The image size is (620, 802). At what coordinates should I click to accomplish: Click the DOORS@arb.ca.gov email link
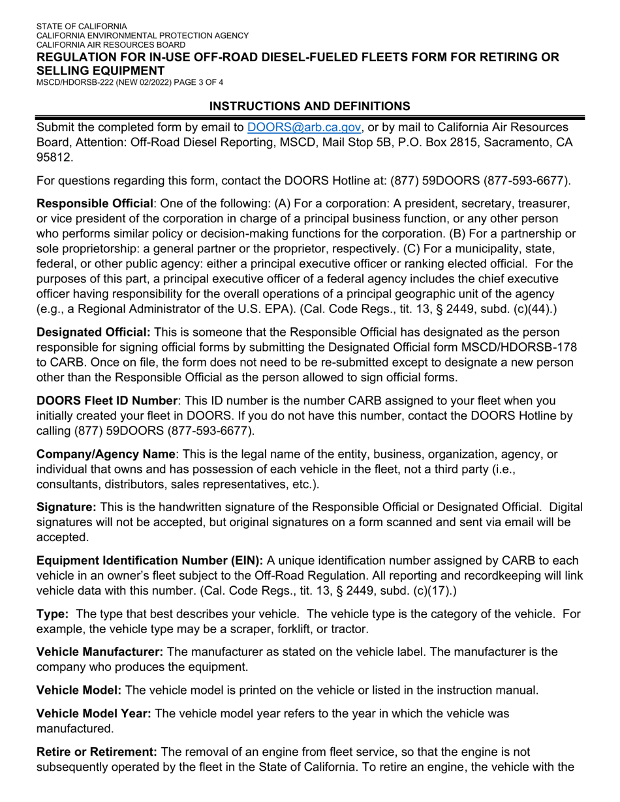(x=306, y=127)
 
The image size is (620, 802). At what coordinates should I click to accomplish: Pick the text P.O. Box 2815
(x=442, y=143)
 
